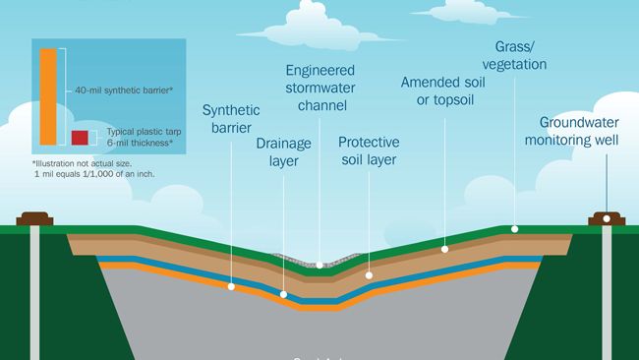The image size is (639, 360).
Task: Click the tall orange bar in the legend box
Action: pyautogui.click(x=47, y=94)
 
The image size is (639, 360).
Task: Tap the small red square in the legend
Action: pyautogui.click(x=80, y=137)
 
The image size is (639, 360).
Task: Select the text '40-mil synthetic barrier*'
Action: pyautogui.click(x=124, y=90)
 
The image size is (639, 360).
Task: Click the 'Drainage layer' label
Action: pyautogui.click(x=283, y=151)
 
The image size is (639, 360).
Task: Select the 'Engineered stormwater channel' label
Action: pyautogui.click(x=321, y=89)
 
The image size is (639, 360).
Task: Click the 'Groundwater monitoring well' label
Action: pyautogui.click(x=584, y=133)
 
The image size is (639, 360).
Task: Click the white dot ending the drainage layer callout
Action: pyautogui.click(x=283, y=293)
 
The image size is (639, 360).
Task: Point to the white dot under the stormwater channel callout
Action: pyautogui.click(x=321, y=265)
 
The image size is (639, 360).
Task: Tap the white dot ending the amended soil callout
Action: pyautogui.click(x=444, y=249)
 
